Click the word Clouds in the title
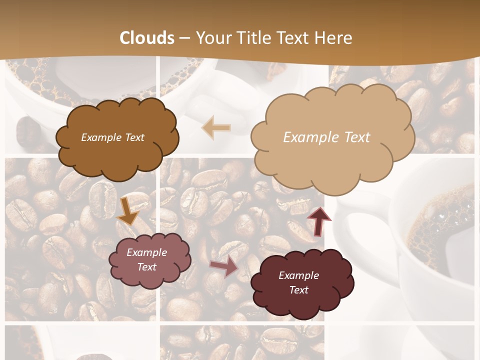pos(147,38)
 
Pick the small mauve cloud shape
pos(149,259)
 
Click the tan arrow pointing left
pos(216,127)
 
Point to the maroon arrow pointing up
pos(318,220)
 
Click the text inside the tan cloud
pos(326,137)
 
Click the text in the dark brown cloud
pos(112,137)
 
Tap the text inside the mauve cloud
pos(146,259)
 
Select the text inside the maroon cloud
pos(298,282)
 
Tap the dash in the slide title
pos(185,38)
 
